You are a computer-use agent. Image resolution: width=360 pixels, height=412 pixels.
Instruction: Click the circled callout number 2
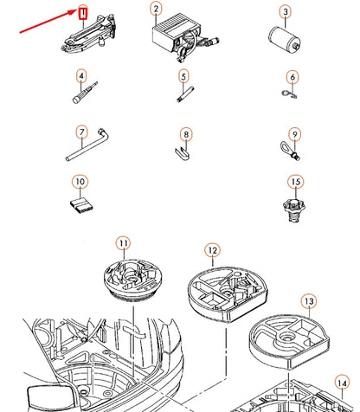tap(156, 9)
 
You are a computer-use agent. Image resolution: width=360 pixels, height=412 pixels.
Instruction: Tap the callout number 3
tap(286, 12)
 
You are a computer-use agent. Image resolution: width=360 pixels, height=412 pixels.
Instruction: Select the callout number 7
tap(82, 132)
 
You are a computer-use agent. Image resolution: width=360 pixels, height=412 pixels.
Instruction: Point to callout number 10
tap(80, 182)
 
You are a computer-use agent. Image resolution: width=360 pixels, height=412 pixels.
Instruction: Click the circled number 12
tap(213, 250)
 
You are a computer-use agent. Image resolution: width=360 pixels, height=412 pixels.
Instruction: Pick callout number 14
tap(342, 383)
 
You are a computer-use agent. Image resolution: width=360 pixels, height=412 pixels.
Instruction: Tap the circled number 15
tap(296, 182)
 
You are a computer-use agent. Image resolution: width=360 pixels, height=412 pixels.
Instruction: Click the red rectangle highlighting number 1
tap(83, 13)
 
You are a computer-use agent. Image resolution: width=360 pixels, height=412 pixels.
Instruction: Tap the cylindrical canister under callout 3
tap(285, 40)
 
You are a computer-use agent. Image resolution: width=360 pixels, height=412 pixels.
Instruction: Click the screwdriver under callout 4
tap(85, 93)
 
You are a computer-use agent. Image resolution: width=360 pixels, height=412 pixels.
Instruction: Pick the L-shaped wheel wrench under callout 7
tap(87, 145)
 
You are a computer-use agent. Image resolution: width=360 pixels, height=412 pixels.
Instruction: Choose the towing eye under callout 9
tap(290, 150)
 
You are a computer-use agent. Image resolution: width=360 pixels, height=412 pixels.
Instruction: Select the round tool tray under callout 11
tap(132, 280)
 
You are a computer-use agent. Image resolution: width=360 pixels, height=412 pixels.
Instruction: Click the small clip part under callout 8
tap(183, 153)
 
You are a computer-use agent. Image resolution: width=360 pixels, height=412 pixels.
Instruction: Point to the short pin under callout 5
tap(185, 94)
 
